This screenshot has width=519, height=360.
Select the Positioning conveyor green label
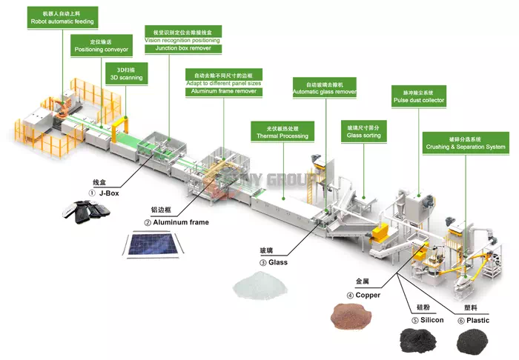pos(101,46)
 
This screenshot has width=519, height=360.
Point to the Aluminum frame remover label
pos(223,84)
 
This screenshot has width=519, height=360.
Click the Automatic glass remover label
pos(324,88)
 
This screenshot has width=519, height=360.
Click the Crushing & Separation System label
pos(465,143)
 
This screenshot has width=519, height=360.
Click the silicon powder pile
pos(419,340)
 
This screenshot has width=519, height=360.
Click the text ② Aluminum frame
pos(176,222)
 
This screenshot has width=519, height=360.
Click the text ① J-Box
pos(103,193)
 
